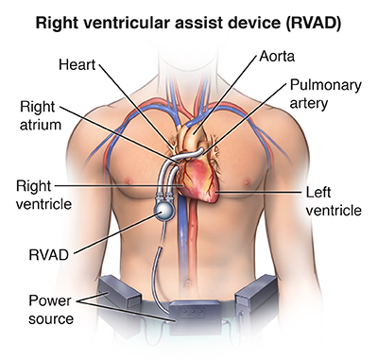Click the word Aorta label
click(277, 57)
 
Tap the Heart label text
click(77, 64)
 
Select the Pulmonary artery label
click(325, 94)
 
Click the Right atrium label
click(41, 115)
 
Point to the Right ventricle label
click(43, 195)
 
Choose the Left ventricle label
click(334, 201)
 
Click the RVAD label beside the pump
click(48, 255)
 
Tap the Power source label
click(51, 310)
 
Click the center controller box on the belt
click(196, 317)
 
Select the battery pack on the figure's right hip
click(119, 291)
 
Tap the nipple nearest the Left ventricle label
click(248, 181)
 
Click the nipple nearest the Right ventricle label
click(129, 181)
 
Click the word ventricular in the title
click(129, 23)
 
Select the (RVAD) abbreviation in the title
click(314, 23)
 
